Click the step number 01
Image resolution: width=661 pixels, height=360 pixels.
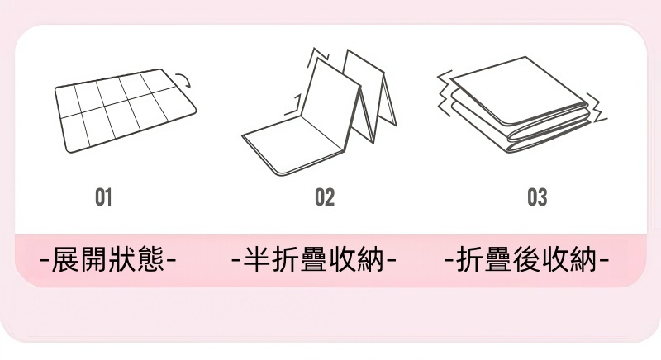tap(103, 197)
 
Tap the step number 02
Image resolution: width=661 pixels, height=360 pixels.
tap(325, 197)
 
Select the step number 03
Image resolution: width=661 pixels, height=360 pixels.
tap(537, 197)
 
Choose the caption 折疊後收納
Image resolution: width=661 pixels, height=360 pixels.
tap(527, 261)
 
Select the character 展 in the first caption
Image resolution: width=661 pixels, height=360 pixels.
tap(66, 261)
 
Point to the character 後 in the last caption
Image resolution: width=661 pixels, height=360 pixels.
tap(527, 261)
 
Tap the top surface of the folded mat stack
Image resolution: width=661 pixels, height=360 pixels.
tap(516, 87)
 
